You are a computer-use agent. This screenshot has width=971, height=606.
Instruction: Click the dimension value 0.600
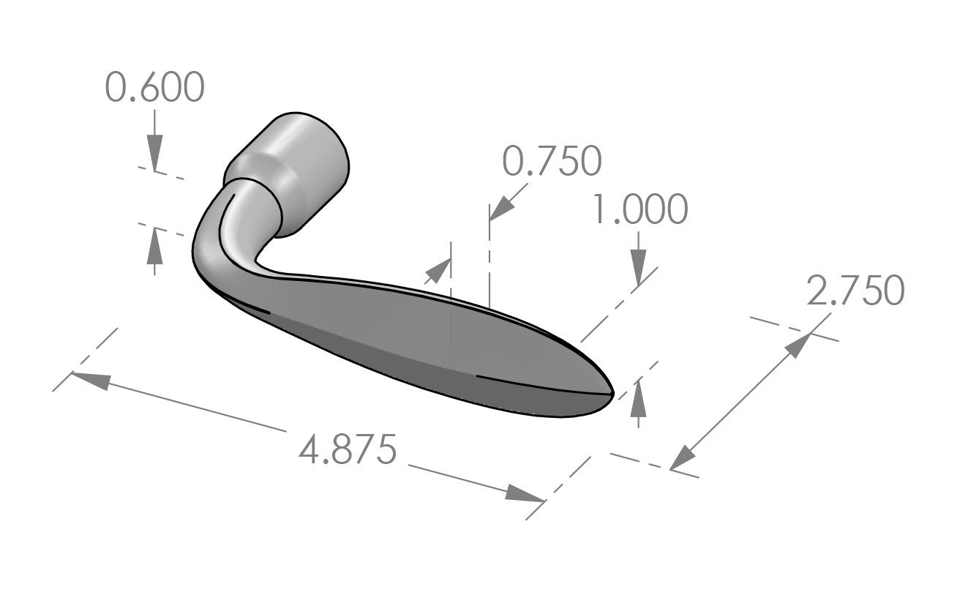pos(154,88)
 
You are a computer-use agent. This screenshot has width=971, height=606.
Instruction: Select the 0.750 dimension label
pos(552,161)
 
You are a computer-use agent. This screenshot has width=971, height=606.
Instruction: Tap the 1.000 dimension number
pos(640,210)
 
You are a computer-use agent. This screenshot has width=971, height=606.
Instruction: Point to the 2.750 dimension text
pos(855,291)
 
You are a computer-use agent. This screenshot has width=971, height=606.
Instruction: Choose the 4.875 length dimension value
pos(348,449)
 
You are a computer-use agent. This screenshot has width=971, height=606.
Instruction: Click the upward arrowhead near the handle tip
pos(639,393)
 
